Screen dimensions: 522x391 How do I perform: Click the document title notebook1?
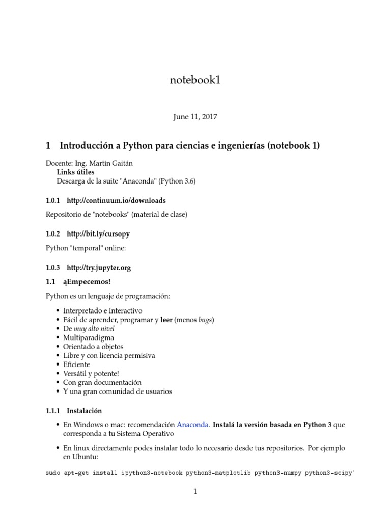coord(195,80)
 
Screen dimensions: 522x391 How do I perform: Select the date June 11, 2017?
coord(195,117)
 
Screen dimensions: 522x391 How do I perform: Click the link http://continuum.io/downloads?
coord(116,200)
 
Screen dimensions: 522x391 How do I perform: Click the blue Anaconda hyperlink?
coord(193,424)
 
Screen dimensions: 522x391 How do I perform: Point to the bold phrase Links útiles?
coord(75,172)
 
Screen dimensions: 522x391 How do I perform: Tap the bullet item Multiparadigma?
coord(89,337)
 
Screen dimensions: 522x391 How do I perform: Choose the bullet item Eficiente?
coord(76,364)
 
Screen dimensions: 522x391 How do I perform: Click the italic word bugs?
coord(205,320)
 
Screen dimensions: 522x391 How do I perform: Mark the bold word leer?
coord(166,320)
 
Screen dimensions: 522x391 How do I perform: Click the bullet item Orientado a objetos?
coord(93,347)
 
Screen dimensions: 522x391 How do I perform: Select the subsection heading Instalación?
coord(85,410)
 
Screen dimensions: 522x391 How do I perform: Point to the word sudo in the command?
coord(52,473)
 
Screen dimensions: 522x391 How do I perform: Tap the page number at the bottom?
coord(195,492)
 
